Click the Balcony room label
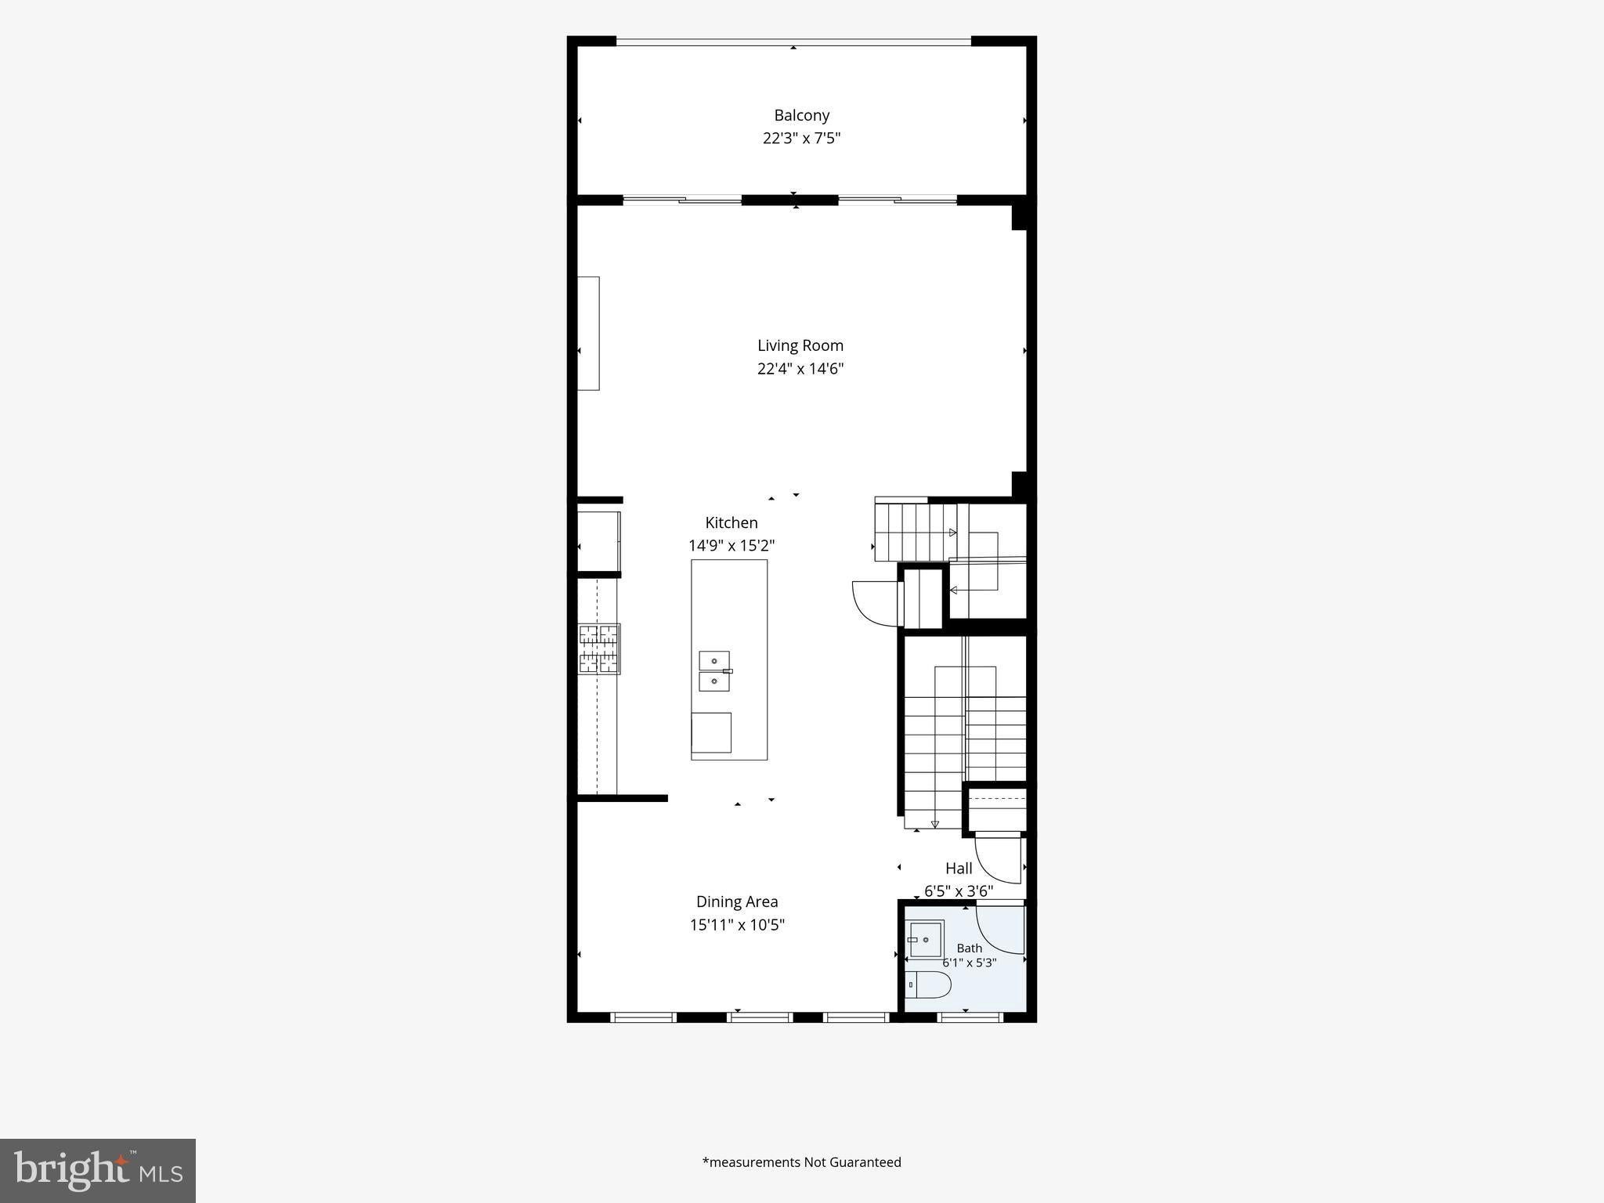(x=801, y=115)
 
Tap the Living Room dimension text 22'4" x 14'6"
(x=800, y=368)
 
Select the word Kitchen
(x=732, y=522)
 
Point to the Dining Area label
(x=737, y=901)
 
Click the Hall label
(x=959, y=868)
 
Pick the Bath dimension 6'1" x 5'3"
(x=970, y=963)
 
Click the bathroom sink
(x=926, y=939)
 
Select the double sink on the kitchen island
(x=714, y=671)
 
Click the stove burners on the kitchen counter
(x=599, y=648)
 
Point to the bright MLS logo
(x=98, y=1171)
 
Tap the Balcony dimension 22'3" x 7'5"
(x=801, y=138)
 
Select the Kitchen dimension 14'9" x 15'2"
(x=732, y=545)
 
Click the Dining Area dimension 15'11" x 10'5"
(x=737, y=924)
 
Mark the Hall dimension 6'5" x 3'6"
(x=959, y=891)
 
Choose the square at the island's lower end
(x=711, y=733)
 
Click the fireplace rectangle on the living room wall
(x=588, y=333)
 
